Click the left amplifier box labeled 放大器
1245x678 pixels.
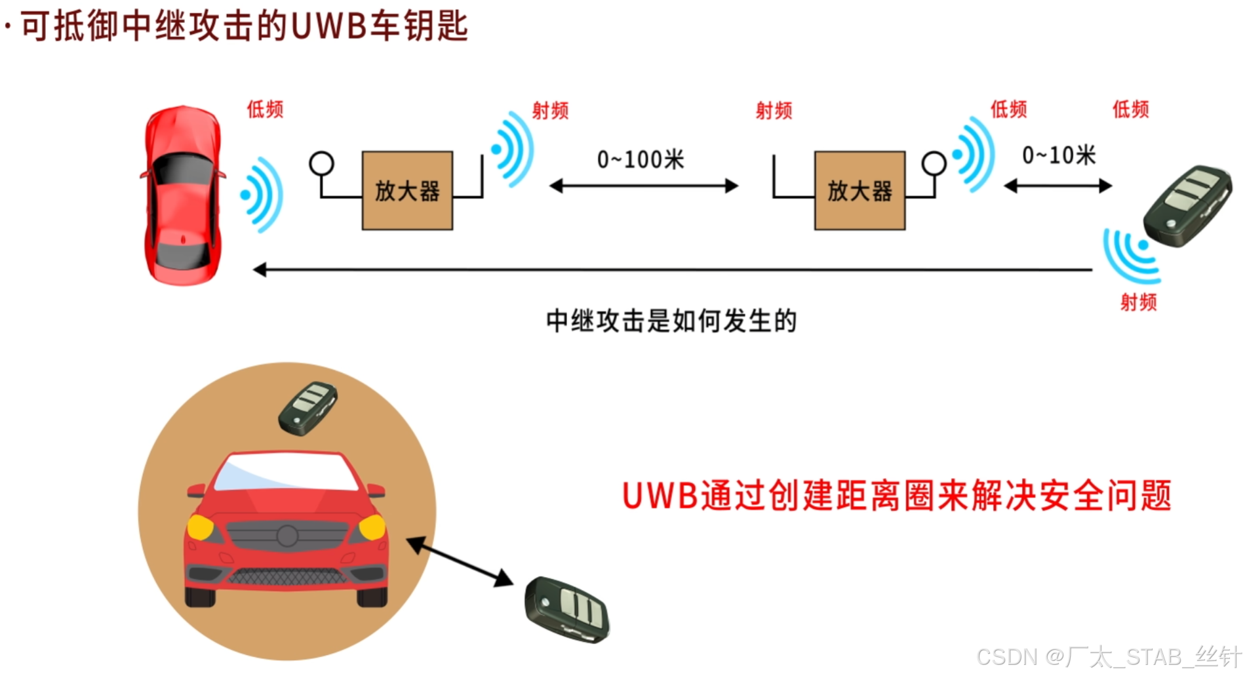click(407, 191)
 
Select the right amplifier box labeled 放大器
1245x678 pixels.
click(860, 191)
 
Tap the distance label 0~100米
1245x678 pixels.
click(641, 159)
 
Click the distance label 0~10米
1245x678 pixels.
click(1059, 155)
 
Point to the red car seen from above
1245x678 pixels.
click(183, 195)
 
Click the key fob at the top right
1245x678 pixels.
click(1187, 205)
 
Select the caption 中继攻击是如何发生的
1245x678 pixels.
click(671, 321)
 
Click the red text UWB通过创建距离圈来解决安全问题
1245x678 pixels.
click(896, 495)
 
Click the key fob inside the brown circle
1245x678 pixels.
click(308, 408)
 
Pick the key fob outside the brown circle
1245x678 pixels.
click(567, 610)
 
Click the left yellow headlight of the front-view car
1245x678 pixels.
click(200, 527)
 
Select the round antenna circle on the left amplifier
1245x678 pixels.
click(321, 163)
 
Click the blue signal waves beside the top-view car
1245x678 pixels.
click(262, 195)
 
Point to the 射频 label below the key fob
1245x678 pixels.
click(1138, 302)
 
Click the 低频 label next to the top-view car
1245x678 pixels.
click(265, 109)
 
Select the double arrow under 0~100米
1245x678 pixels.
click(644, 186)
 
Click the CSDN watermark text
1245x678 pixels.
click(1108, 656)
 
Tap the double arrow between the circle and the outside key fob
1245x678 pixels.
click(460, 561)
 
